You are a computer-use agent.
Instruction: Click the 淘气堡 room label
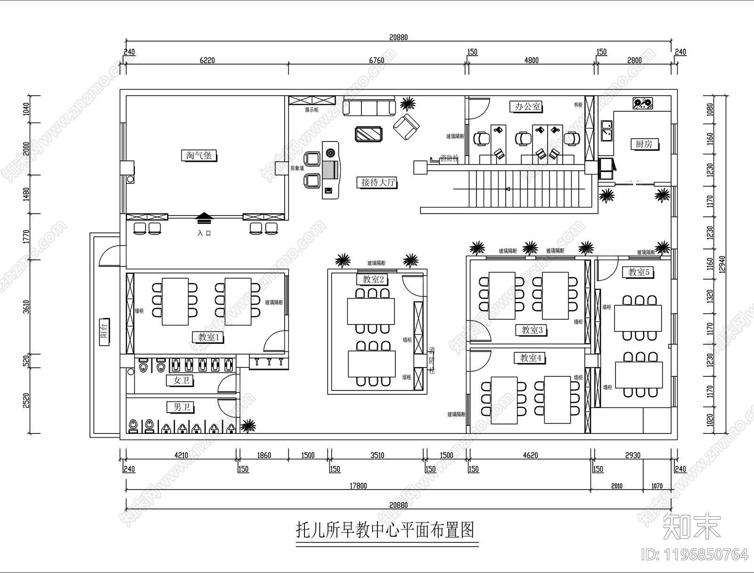click(x=199, y=155)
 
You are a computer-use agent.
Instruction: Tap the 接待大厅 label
click(x=378, y=182)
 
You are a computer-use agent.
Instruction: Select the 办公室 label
click(x=527, y=107)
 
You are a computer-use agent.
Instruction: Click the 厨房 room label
click(x=644, y=144)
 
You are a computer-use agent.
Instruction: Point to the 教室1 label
click(x=208, y=337)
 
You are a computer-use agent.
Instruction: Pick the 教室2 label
click(x=373, y=280)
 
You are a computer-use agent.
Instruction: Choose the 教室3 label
click(x=532, y=330)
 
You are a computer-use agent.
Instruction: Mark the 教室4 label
click(x=531, y=358)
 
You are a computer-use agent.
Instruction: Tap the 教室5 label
click(x=639, y=272)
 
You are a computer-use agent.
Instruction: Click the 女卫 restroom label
click(x=180, y=380)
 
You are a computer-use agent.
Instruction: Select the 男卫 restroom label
click(x=180, y=407)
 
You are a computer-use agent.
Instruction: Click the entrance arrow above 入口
click(x=204, y=218)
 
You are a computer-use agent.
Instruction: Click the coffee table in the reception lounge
click(x=369, y=134)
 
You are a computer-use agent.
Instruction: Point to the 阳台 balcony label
click(x=105, y=332)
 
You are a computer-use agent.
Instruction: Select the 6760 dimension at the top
click(x=377, y=60)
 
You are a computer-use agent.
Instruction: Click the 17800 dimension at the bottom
click(x=358, y=486)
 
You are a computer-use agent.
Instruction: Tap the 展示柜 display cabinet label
click(x=311, y=110)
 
